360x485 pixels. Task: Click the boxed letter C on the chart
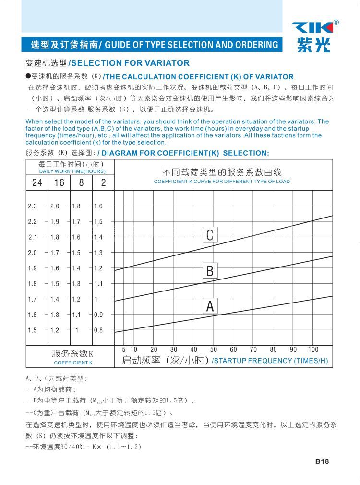point(210,235)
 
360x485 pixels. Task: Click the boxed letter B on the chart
point(210,270)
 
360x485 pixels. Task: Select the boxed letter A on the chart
point(210,306)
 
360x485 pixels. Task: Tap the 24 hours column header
point(37,182)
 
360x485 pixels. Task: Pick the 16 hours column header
point(59,182)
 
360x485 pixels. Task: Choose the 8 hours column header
point(81,182)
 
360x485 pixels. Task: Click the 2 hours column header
point(103,182)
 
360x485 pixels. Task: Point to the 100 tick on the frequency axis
point(313,349)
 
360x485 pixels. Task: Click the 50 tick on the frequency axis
point(214,349)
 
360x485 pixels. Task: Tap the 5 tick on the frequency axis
point(123,349)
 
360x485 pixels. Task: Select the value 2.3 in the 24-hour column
point(32,206)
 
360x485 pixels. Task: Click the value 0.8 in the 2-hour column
point(98,330)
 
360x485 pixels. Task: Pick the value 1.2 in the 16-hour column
point(55,330)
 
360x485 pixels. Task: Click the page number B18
point(322,461)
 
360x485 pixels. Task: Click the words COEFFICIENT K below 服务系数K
point(73,363)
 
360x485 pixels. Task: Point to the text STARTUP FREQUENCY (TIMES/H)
point(270,361)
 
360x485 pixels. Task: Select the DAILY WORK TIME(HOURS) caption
point(72,171)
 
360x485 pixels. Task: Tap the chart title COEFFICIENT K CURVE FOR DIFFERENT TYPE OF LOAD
point(222,182)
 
